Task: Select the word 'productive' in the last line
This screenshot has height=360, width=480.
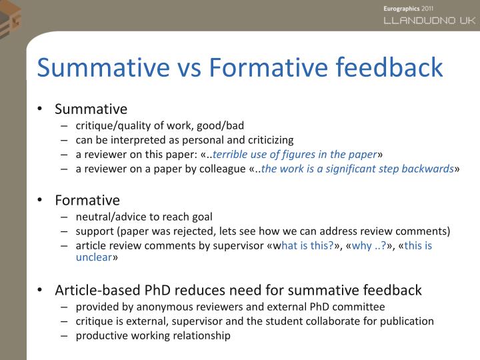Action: coord(99,335)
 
